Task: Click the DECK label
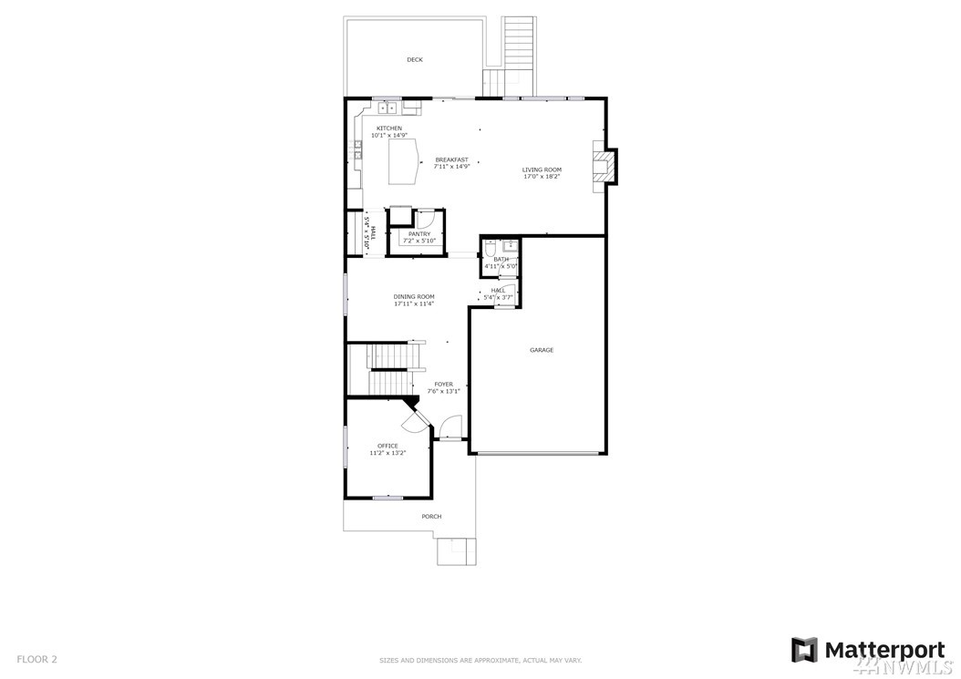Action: [415, 60]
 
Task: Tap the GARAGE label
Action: [542, 351]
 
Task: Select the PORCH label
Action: [431, 517]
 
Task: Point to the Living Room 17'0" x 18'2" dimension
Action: [542, 177]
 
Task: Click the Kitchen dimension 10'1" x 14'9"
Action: [389, 135]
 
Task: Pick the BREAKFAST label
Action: [451, 159]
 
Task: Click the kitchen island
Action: [404, 161]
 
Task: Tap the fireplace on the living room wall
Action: [604, 166]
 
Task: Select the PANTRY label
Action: [419, 234]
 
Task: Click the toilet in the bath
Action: [491, 248]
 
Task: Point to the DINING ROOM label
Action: [414, 296]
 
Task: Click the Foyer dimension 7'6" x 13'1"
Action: [443, 391]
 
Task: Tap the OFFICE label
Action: [387, 446]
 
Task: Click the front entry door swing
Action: [451, 427]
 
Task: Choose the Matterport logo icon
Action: [804, 650]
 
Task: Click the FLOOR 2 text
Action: [36, 660]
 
